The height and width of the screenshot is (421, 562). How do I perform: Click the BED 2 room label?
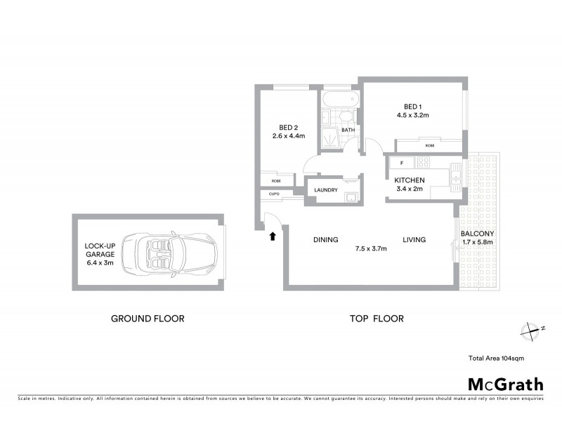285,127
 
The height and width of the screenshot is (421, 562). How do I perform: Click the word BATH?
348,131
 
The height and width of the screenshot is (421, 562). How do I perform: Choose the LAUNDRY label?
327,190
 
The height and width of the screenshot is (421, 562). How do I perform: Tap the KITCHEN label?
409,180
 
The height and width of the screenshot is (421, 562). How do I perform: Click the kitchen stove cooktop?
424,163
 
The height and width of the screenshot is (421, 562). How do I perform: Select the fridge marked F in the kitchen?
401,163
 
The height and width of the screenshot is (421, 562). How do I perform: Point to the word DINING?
325,240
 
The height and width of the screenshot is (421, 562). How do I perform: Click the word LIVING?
414,240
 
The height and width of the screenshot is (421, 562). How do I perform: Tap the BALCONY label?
478,234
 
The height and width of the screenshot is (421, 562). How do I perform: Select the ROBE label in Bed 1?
429,145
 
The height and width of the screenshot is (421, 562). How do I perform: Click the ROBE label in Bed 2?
267,180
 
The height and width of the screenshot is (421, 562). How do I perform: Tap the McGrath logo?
505,384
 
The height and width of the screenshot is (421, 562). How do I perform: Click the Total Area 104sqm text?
496,358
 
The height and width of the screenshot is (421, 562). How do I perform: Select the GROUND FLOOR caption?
148,319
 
